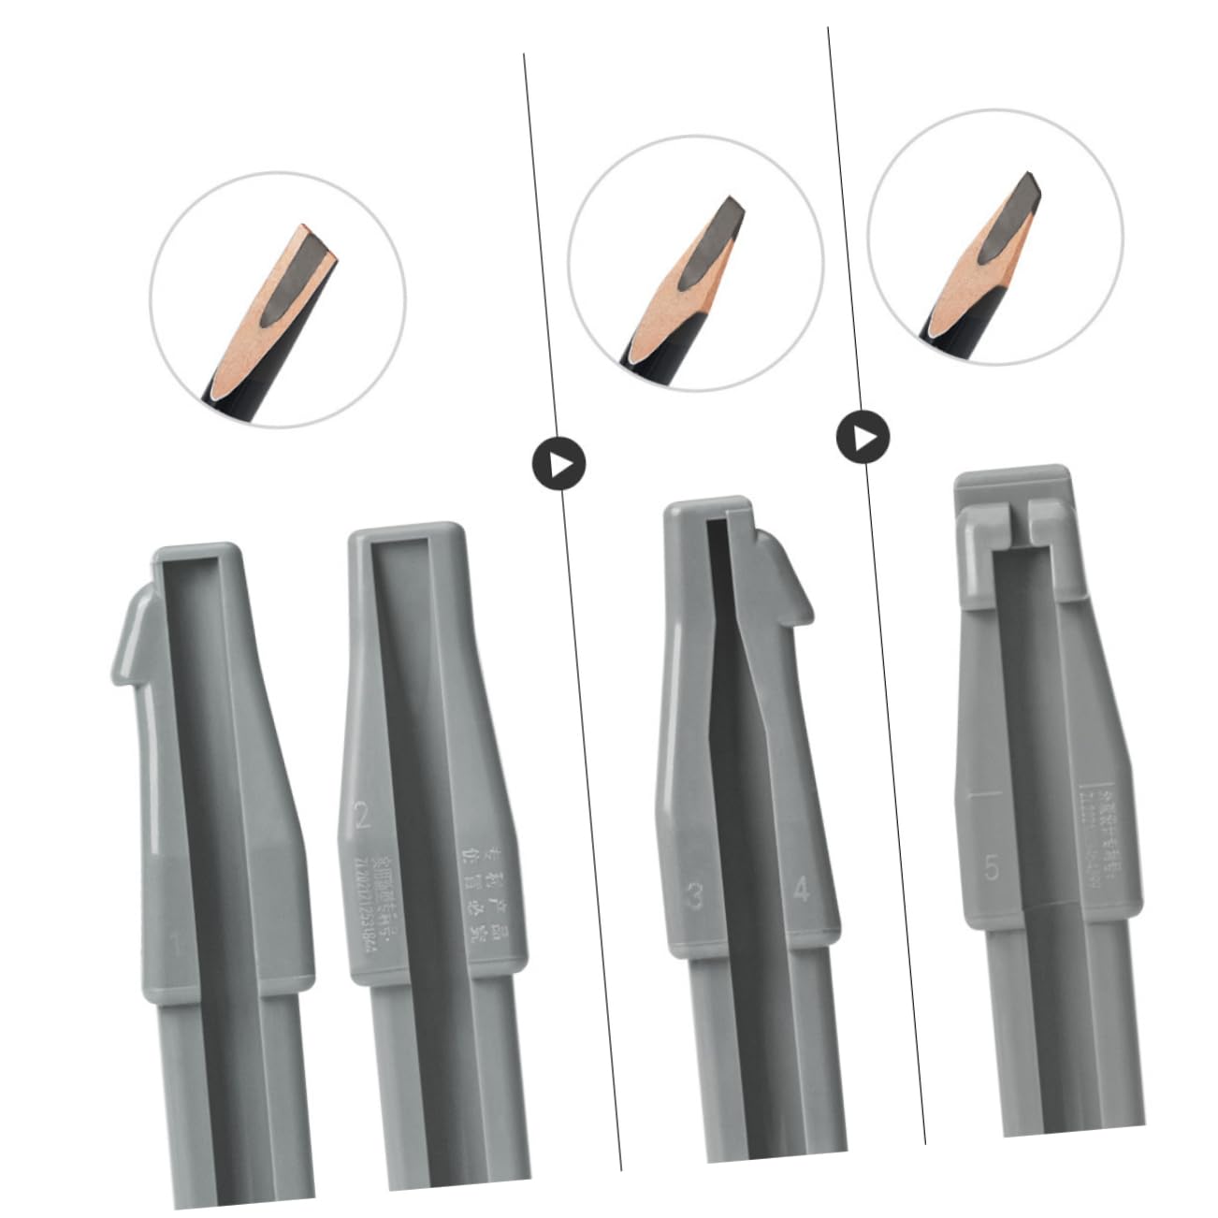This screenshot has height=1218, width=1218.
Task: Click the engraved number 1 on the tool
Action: (174, 944)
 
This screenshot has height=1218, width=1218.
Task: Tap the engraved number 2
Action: (362, 817)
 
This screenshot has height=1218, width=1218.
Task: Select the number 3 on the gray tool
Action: (694, 896)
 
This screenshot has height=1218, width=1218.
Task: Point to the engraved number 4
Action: (801, 889)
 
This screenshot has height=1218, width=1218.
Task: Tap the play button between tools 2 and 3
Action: (559, 463)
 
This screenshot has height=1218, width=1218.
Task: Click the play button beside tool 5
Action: (863, 437)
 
